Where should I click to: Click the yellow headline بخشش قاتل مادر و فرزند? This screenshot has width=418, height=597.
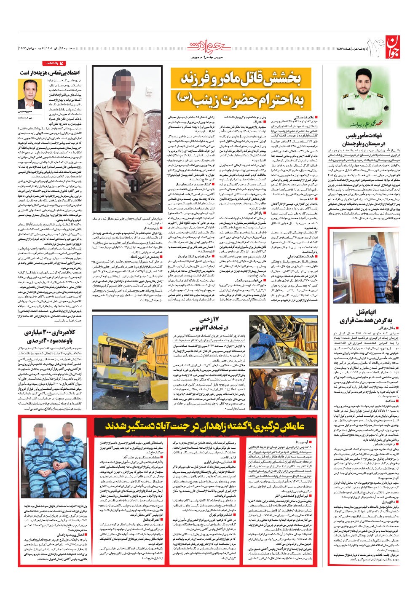point(241,80)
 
